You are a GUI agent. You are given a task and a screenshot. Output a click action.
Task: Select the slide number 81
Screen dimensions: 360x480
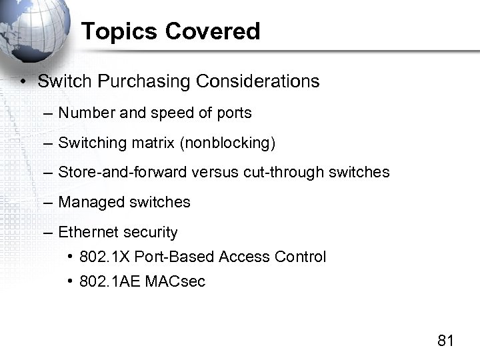coord(445,341)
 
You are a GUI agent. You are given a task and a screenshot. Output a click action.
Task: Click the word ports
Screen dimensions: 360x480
coord(234,113)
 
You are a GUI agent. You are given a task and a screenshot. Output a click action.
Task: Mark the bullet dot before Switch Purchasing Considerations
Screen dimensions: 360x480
coord(23,82)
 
